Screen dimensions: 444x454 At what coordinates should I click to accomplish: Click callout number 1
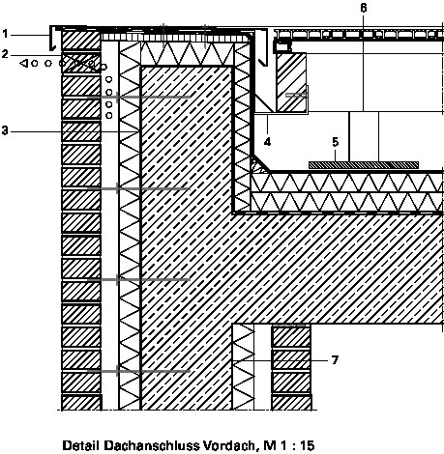[5, 34]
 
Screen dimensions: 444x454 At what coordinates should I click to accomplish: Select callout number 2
[5, 54]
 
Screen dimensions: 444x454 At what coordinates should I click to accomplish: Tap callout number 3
[5, 131]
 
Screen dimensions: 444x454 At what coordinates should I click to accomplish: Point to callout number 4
[267, 142]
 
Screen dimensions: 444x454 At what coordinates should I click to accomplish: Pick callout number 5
[336, 142]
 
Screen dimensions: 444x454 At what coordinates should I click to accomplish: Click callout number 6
[364, 8]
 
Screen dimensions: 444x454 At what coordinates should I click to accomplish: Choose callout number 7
[335, 359]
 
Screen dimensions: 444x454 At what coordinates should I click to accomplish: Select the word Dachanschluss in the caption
[151, 445]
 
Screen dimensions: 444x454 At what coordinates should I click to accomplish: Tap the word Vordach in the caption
[230, 446]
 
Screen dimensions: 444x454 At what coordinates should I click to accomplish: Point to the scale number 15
[307, 445]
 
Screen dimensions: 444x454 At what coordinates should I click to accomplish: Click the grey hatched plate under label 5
[364, 165]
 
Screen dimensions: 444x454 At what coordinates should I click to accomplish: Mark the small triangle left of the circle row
[23, 63]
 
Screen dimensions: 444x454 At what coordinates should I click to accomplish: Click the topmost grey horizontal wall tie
[138, 97]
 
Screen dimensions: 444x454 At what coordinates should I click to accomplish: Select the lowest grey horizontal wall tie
[138, 371]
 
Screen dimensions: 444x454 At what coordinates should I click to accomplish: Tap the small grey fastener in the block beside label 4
[296, 95]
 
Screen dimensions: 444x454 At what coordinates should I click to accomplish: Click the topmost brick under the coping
[81, 41]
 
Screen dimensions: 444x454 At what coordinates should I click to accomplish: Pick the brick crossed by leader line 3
[81, 131]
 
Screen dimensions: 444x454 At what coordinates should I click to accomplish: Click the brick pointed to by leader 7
[291, 359]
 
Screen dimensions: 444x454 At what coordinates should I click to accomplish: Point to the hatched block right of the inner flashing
[291, 82]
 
